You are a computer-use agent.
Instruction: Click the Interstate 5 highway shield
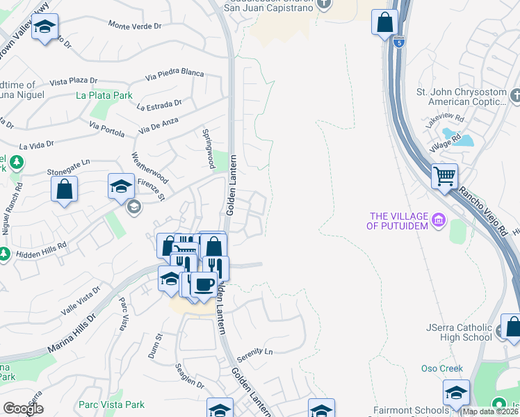click(x=398, y=42)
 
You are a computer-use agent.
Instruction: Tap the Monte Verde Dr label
click(x=135, y=25)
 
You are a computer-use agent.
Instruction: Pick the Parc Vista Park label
click(x=111, y=404)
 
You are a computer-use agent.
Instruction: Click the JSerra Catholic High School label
click(x=459, y=332)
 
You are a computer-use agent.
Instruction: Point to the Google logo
click(x=23, y=409)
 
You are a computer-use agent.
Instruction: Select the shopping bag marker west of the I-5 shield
click(x=384, y=22)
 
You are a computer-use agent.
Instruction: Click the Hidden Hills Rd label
click(x=43, y=246)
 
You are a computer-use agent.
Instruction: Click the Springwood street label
click(x=206, y=147)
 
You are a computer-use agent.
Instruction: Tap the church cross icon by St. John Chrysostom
click(x=514, y=95)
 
